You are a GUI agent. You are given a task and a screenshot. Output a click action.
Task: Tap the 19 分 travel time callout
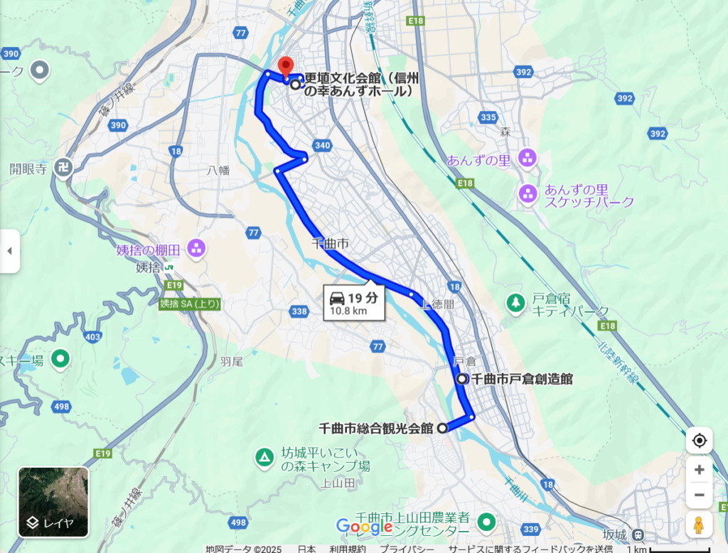[x=354, y=303]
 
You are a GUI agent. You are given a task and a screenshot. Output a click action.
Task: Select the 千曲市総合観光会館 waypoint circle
[x=442, y=428]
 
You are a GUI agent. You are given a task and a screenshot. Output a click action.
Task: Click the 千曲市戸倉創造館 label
[x=523, y=379]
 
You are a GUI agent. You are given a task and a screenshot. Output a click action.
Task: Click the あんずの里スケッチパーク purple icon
[x=528, y=193]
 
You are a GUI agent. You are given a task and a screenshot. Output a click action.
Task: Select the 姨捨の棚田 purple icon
[x=196, y=249]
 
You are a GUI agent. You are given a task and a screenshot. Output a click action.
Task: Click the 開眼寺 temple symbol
[x=64, y=168]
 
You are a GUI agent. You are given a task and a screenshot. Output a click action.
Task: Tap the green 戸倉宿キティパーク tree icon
[x=514, y=302]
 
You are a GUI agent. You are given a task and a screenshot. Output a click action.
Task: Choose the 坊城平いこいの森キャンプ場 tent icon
[x=264, y=456]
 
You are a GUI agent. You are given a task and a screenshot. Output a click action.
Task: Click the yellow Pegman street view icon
[x=699, y=525]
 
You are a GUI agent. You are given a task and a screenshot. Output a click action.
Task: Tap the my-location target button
[x=699, y=441]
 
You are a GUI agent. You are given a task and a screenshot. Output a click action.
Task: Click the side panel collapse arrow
[x=9, y=251]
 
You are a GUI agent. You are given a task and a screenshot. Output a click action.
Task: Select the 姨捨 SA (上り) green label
[x=190, y=304]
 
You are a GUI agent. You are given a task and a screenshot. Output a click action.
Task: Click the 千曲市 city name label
[x=331, y=243]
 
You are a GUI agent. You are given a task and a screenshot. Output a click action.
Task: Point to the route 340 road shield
[x=322, y=145]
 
